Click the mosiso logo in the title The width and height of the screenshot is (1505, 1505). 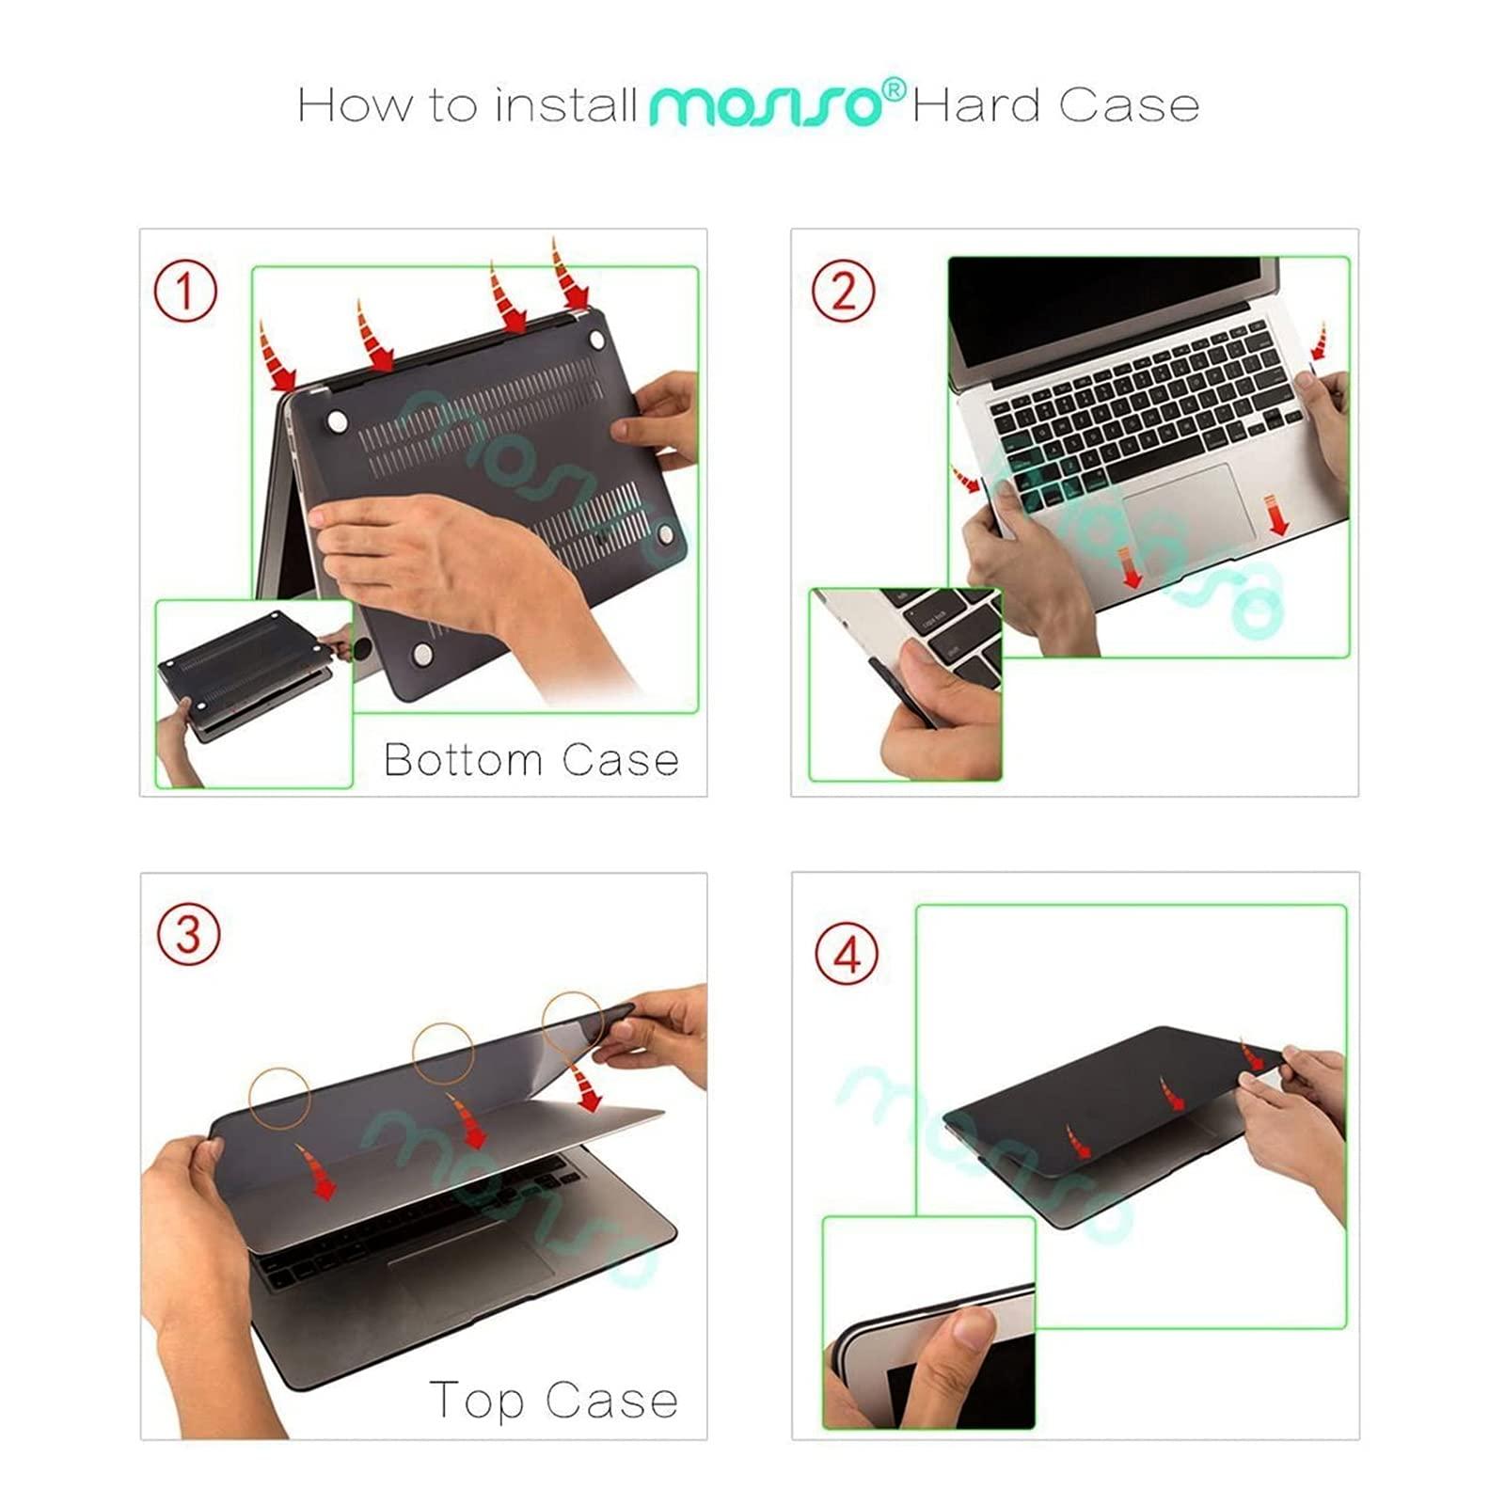pos(764,104)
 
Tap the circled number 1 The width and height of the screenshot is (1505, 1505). pos(185,291)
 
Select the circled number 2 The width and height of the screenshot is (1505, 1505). pos(843,291)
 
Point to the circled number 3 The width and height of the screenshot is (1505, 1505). pos(187,935)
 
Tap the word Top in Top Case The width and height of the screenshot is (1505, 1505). pos(476,1400)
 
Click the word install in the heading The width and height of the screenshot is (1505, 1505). pos(566,104)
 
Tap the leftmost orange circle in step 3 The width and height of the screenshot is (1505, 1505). pos(279,1098)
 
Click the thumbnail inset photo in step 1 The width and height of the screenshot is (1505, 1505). pos(253,693)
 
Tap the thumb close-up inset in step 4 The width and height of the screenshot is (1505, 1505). pos(928,1323)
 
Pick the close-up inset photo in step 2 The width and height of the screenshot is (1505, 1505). pos(905,684)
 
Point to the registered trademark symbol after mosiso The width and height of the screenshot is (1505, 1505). pos(895,89)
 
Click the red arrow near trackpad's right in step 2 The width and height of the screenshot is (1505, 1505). pos(1277,515)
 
